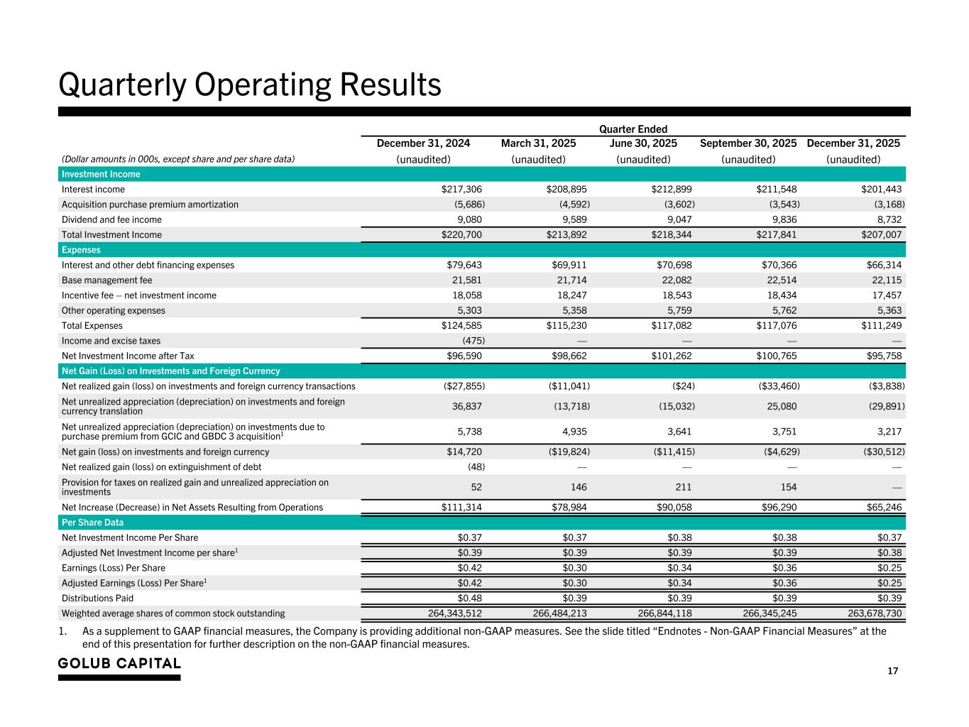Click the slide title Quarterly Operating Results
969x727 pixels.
250,85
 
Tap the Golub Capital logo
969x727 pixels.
119,664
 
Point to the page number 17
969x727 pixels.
892,672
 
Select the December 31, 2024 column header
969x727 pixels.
423,143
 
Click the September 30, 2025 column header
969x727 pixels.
748,143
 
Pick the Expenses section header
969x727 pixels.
81,250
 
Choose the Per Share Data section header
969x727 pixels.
92,523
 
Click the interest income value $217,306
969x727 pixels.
461,190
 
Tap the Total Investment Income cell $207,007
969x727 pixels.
882,235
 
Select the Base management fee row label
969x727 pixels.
106,280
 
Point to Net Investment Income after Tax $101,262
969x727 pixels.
671,356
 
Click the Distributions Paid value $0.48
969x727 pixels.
470,598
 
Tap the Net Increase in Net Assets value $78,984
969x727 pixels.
569,508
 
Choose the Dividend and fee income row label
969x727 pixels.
111,220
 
